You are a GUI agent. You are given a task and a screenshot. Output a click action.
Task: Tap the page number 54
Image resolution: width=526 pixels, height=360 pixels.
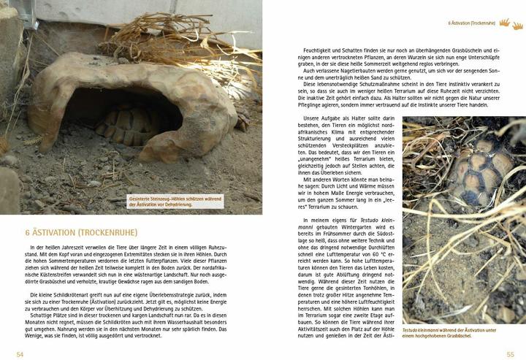(x=20, y=353)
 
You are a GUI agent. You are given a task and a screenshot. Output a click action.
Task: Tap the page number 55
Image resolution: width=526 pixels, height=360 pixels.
(x=510, y=353)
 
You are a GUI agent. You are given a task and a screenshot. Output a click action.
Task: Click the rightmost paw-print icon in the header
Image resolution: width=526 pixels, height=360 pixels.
(x=518, y=26)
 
